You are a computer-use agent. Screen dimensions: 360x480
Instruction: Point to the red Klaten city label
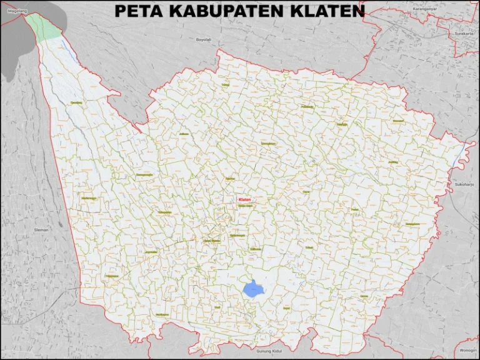click(244, 200)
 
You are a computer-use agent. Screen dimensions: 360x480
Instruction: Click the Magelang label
click(12, 11)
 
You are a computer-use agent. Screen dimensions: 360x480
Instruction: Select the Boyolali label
click(204, 39)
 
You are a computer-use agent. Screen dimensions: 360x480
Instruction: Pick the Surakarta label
click(463, 33)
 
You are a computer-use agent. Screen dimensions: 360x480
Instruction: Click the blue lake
click(252, 289)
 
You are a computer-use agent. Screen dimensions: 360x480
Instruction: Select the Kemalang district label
click(76, 102)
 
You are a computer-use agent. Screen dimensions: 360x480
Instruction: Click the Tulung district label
click(226, 84)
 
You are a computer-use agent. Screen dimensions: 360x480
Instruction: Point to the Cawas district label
click(364, 296)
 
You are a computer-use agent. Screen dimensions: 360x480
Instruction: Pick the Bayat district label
click(286, 308)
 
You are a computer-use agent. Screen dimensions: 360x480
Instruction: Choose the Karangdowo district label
click(412, 223)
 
